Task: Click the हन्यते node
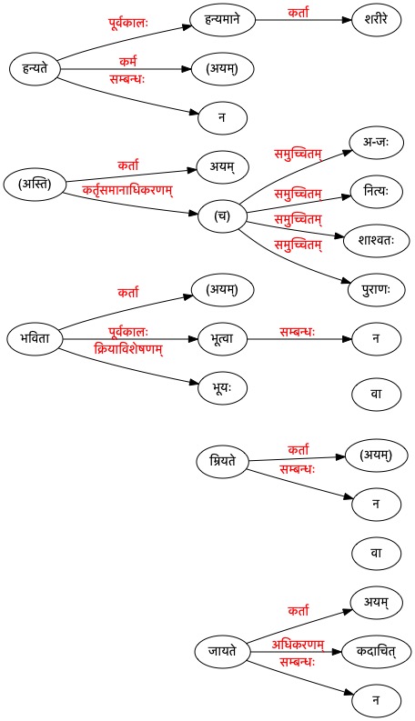pyautogui.click(x=35, y=69)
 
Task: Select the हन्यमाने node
pyautogui.click(x=223, y=20)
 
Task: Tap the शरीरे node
pyautogui.click(x=377, y=20)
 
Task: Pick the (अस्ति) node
pyautogui.click(x=35, y=184)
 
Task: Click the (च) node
pyautogui.click(x=223, y=216)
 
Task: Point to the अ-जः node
pyautogui.click(x=377, y=142)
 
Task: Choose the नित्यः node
pyautogui.click(x=377, y=191)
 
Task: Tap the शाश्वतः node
pyautogui.click(x=377, y=241)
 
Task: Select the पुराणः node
pyautogui.click(x=377, y=290)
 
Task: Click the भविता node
pyautogui.click(x=35, y=339)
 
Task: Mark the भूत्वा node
pyautogui.click(x=223, y=339)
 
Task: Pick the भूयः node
pyautogui.click(x=223, y=388)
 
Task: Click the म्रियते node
pyautogui.click(x=223, y=461)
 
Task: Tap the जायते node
pyautogui.click(x=223, y=652)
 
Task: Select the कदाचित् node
pyautogui.click(x=377, y=652)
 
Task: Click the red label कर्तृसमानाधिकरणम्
pyautogui.click(x=127, y=190)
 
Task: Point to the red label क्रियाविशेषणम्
pyautogui.click(x=128, y=349)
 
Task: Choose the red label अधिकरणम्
pyautogui.click(x=298, y=645)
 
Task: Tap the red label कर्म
pyautogui.click(x=128, y=61)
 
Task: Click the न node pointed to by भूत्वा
pyautogui.click(x=377, y=339)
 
